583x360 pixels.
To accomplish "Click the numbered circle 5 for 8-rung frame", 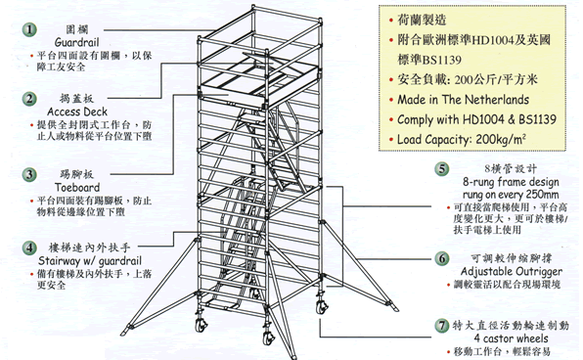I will (442, 169).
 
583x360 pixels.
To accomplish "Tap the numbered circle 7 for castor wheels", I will (442, 324).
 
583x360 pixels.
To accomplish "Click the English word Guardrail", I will (75, 45).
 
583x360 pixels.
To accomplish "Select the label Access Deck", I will (75, 112).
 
